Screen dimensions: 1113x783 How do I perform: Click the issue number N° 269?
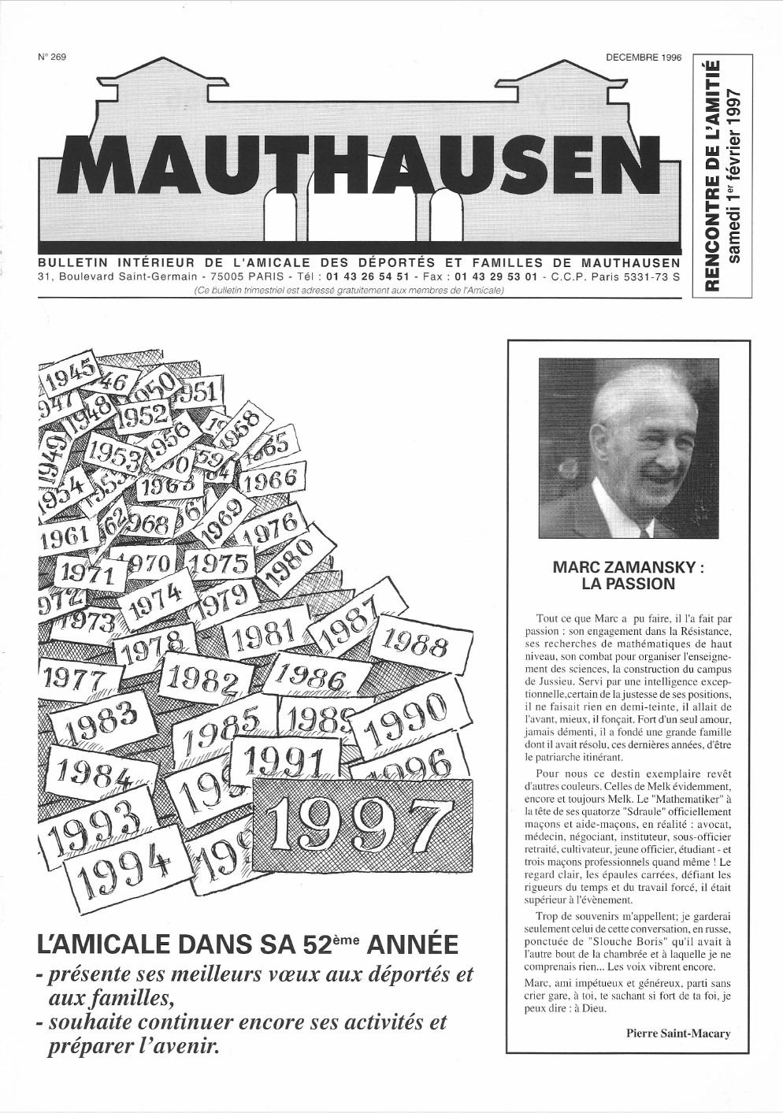[x=51, y=58]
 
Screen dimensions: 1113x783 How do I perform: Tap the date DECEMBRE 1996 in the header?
[x=643, y=58]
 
